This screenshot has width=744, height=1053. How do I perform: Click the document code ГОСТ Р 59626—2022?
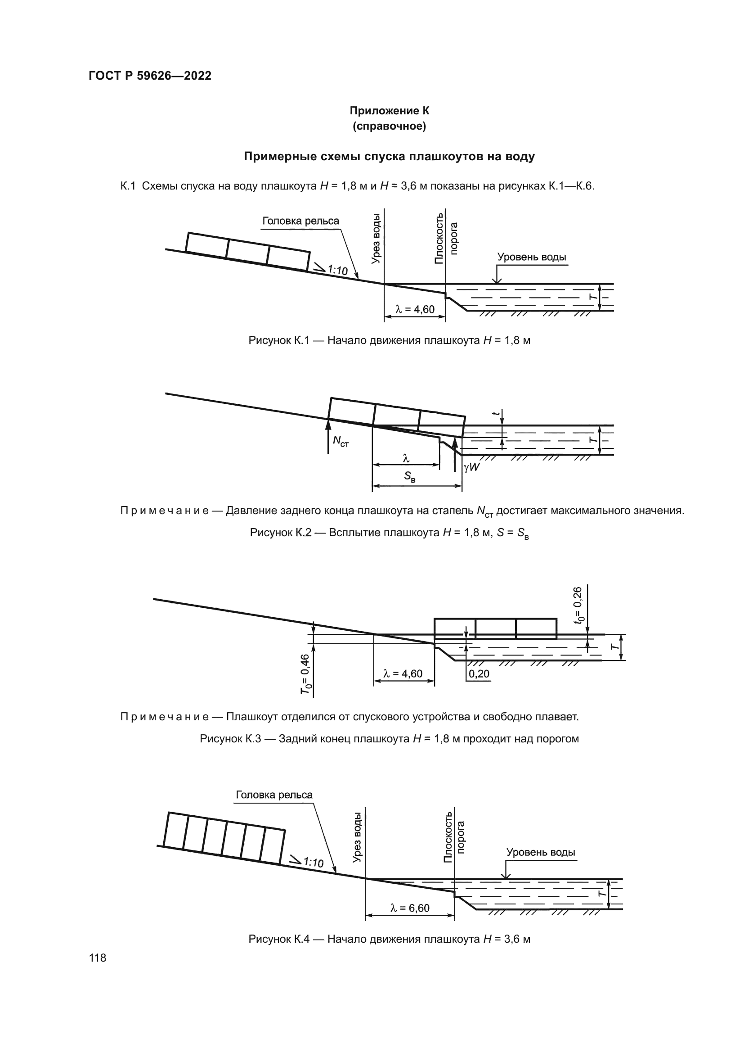click(150, 76)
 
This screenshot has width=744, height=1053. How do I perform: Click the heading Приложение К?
click(389, 111)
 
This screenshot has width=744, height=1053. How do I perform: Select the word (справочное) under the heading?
click(389, 127)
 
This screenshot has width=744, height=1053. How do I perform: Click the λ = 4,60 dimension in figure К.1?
click(415, 310)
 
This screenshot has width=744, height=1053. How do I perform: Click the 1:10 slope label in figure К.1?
click(337, 270)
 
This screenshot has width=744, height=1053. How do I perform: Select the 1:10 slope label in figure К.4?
click(313, 863)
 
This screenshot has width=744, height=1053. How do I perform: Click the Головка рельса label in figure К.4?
click(274, 795)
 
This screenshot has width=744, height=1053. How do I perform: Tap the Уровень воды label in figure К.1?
click(531, 257)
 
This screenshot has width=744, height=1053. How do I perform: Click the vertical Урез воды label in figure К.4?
click(357, 837)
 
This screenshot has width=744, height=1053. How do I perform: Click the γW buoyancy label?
click(471, 467)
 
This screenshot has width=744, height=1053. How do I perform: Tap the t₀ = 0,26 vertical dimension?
click(579, 604)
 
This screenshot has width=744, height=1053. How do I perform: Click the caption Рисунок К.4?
click(389, 939)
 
